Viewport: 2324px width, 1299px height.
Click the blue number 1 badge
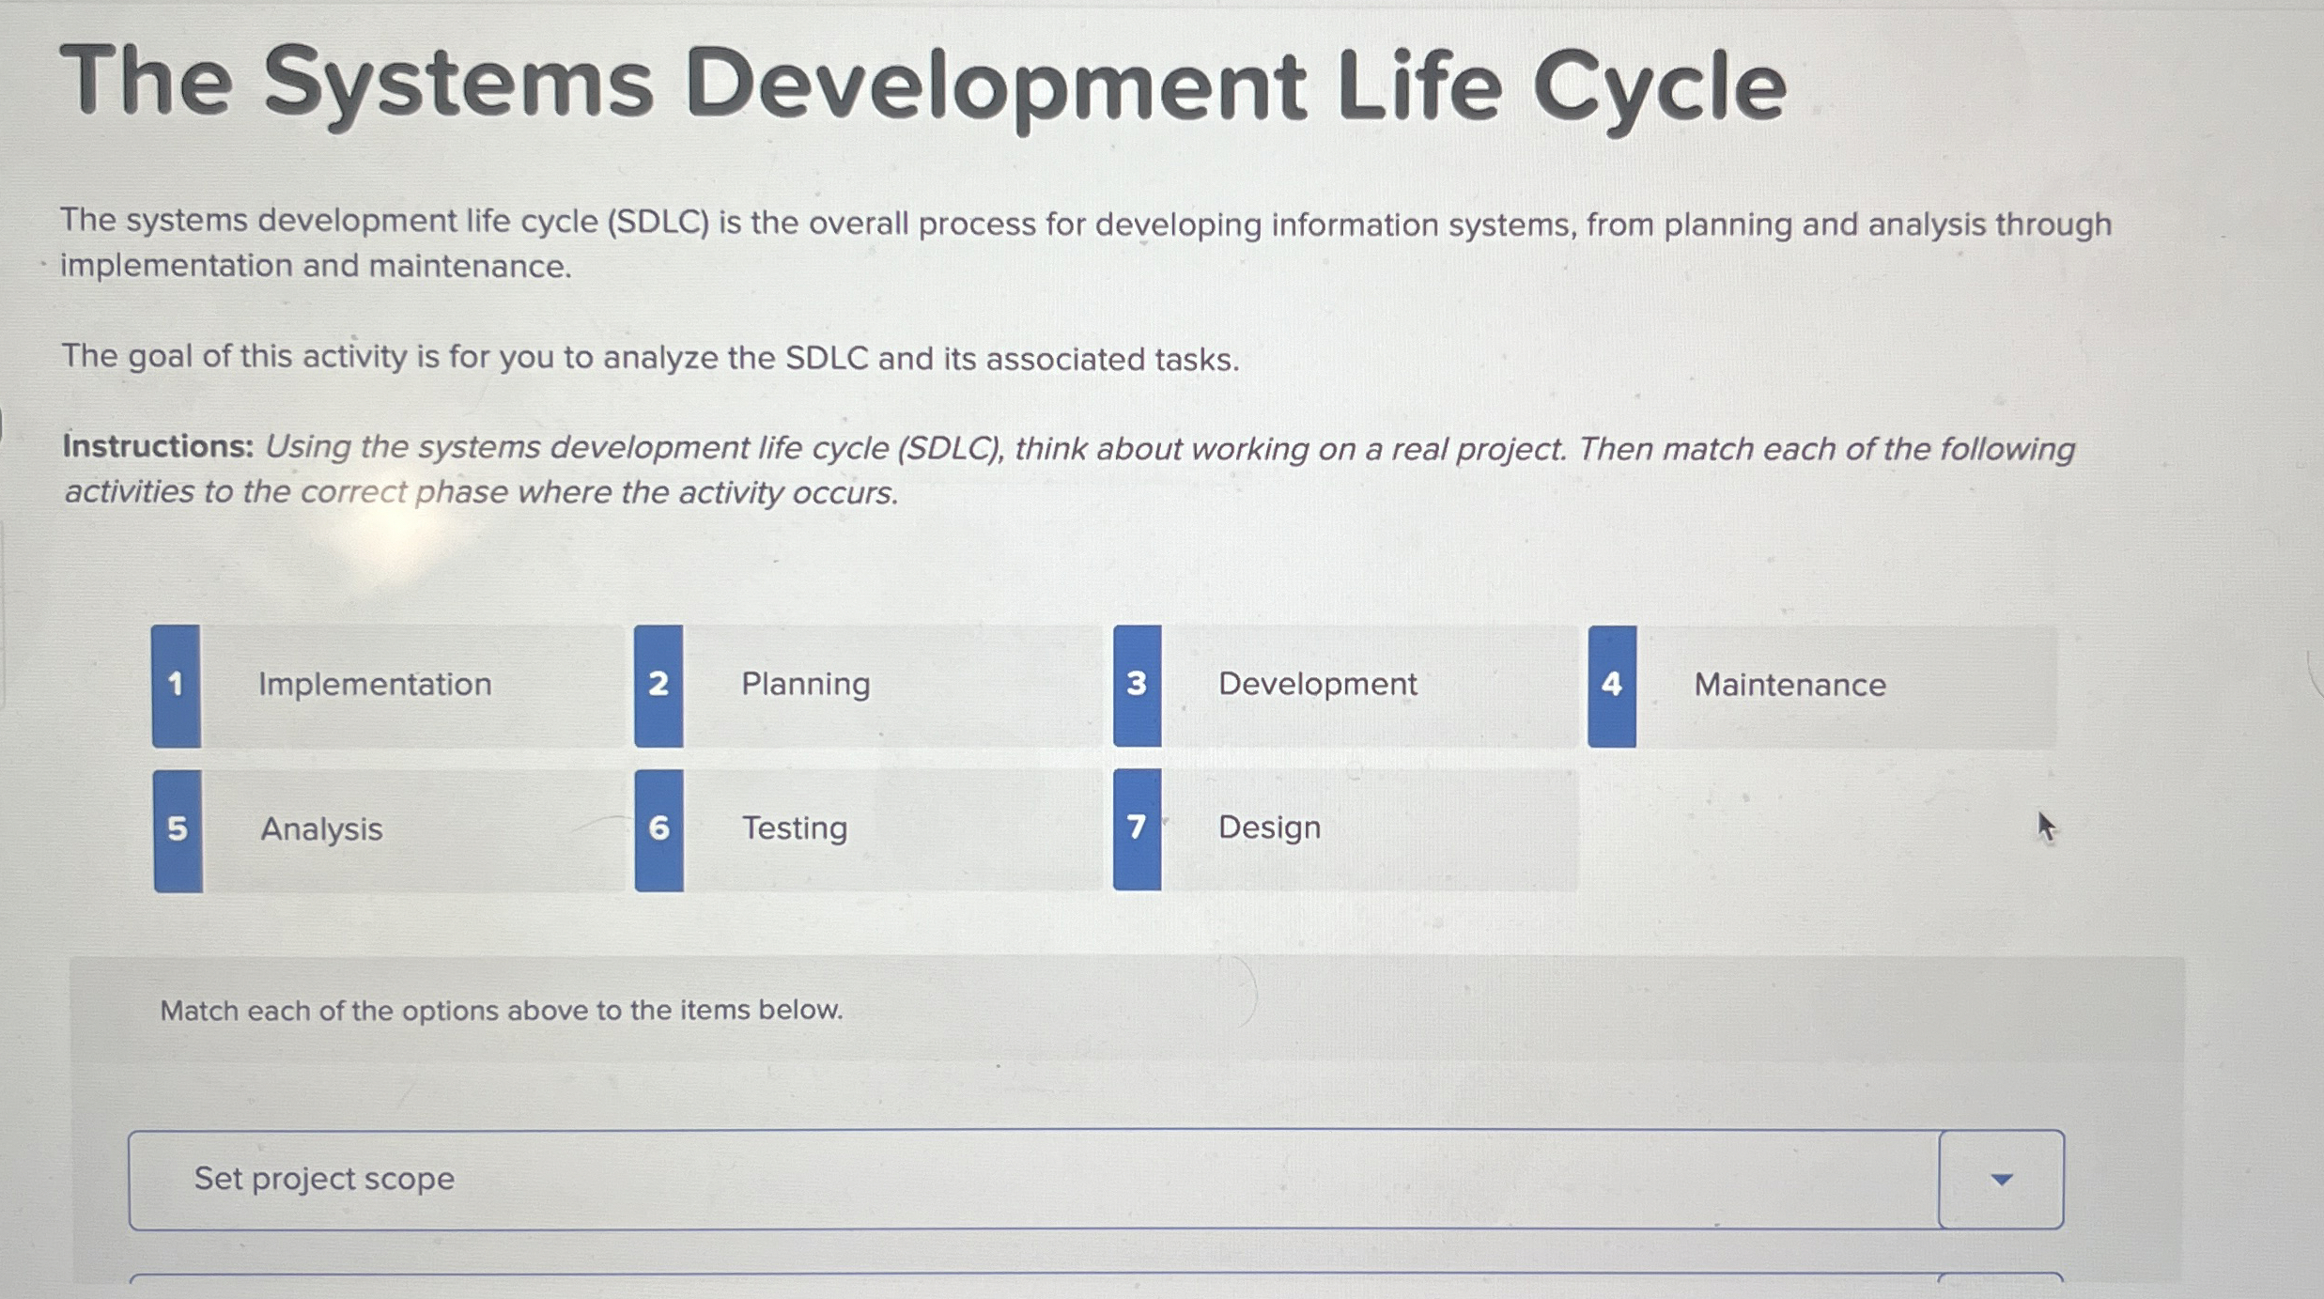pos(176,685)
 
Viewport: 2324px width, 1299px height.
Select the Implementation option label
pos(375,685)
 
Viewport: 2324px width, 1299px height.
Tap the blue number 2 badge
pos(658,685)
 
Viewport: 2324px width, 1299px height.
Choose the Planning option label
pos(805,685)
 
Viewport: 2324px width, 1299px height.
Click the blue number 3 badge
pos(1137,685)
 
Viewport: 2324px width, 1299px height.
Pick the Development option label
pos(1317,685)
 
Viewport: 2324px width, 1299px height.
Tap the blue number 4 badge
pos(1612,686)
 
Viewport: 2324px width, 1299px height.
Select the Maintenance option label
pos(1789,686)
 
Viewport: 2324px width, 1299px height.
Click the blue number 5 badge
pos(178,829)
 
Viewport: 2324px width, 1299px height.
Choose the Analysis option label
pos(321,829)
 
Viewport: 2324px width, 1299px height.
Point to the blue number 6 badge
pos(658,828)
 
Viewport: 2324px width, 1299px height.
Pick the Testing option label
pos(795,828)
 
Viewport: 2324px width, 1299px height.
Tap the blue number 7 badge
pos(1137,827)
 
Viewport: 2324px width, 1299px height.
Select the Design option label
pos(1269,827)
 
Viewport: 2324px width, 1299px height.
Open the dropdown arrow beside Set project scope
pos(2001,1180)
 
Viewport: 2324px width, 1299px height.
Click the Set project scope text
pos(324,1179)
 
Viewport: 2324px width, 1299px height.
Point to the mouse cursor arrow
pos(2045,827)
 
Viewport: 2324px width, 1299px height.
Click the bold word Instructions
pos(158,447)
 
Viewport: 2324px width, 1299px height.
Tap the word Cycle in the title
pos(1659,86)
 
